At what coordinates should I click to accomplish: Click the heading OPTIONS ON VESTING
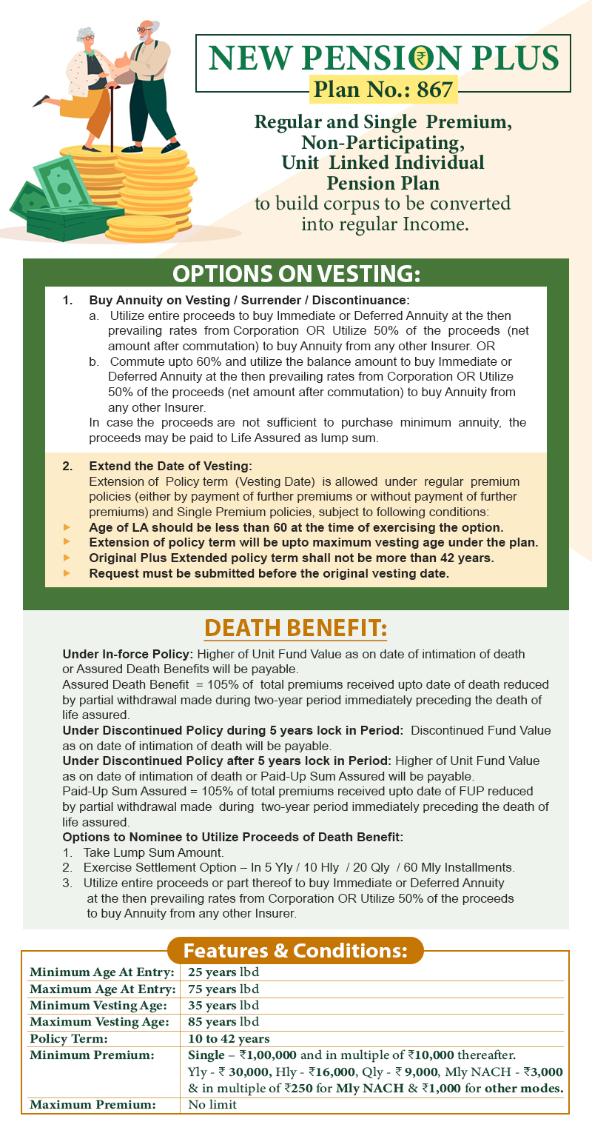point(296,273)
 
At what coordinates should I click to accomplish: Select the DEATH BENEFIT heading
point(295,628)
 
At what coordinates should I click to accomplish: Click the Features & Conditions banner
point(295,950)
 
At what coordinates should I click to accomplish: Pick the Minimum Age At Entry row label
point(102,972)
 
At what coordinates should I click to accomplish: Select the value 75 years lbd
point(223,989)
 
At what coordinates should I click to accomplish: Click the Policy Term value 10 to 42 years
point(229,1039)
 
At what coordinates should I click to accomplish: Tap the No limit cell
point(212,1105)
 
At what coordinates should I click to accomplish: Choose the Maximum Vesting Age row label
point(98,1023)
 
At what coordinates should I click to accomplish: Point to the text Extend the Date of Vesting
point(170,466)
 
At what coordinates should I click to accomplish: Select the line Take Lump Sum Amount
point(153,852)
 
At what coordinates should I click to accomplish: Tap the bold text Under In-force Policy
point(127,654)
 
